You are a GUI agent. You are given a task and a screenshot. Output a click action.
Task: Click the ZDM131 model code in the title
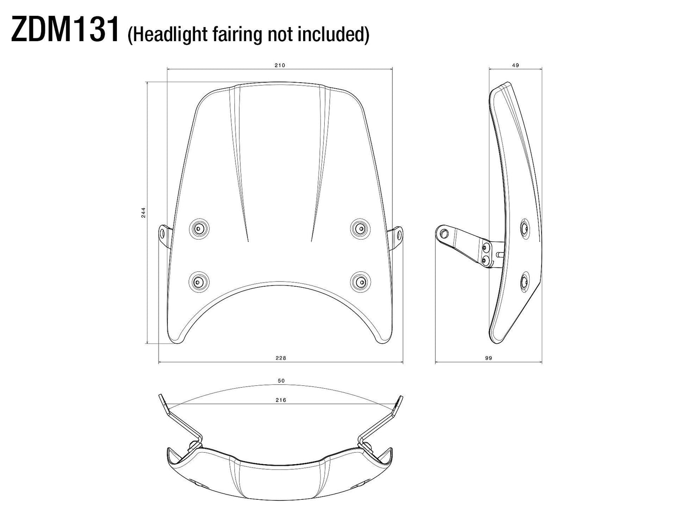pos(65,30)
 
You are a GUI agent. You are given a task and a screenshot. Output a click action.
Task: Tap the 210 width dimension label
pos(280,65)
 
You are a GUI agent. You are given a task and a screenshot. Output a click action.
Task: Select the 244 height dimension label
pos(144,213)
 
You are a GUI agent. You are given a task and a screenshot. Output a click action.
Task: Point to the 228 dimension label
pos(280,358)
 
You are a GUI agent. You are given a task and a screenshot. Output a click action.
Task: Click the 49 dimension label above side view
pos(516,65)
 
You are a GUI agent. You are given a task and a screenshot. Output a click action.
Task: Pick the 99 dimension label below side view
pos(489,358)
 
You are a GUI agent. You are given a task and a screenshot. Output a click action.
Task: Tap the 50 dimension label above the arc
pos(281,381)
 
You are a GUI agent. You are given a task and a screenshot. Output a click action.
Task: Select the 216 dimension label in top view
pos(281,400)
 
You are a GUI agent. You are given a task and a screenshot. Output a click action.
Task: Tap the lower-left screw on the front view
pos(198,281)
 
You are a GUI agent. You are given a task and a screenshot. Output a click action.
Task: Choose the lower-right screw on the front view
pos(360,281)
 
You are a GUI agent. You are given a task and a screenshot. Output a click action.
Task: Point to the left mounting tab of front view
pos(162,233)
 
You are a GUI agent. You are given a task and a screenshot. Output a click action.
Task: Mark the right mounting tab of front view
pos(398,233)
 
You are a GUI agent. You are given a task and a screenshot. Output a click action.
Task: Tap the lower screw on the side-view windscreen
pos(524,282)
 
